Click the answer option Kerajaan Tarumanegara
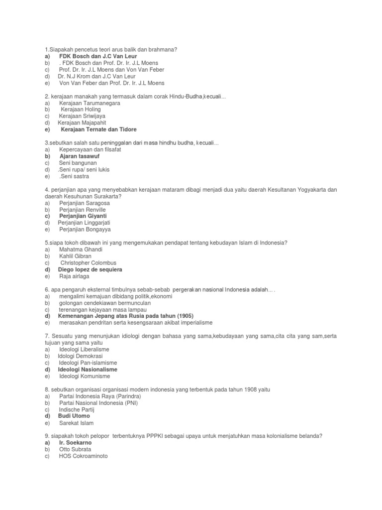90,103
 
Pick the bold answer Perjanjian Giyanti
83,216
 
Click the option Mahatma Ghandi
78,250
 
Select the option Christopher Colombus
88,263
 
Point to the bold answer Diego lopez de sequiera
90,269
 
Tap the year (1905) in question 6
183,316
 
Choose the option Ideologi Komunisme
85,376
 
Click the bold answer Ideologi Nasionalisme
88,370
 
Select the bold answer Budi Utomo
74,416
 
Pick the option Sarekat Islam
76,423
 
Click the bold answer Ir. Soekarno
76,442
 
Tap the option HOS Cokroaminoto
83,456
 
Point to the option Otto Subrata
75,449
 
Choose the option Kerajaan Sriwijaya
82,116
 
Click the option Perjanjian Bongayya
85,230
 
